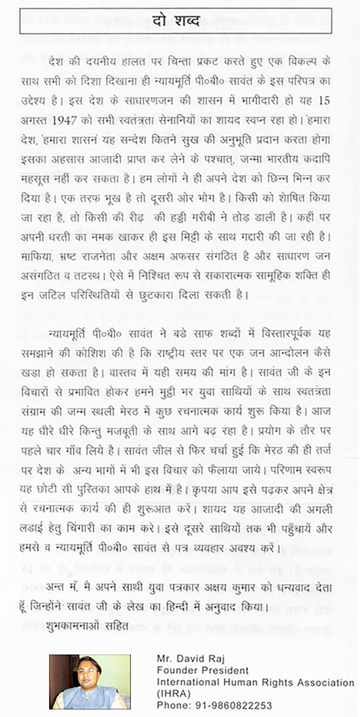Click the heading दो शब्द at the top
click(175, 21)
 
